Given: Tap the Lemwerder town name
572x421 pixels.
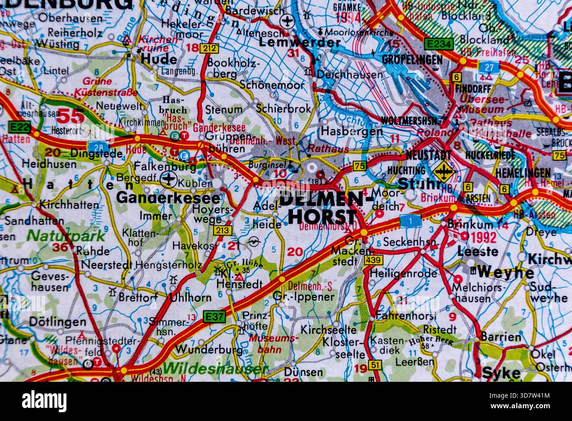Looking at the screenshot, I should (299, 42).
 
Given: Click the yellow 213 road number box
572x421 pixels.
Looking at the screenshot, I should (221, 230).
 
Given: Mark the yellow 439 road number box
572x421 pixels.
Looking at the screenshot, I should (372, 260).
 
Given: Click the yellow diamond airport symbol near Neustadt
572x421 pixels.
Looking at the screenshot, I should (443, 170).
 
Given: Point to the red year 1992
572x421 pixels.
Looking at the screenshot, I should (483, 238).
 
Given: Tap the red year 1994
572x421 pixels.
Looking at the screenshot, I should (347, 18).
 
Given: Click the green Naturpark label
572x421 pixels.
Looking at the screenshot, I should (66, 235).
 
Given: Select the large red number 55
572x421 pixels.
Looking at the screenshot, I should (71, 116).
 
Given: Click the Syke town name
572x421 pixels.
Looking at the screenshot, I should (501, 373).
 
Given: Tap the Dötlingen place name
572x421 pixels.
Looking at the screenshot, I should (57, 321).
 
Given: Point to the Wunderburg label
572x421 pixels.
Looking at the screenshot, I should (209, 350).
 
